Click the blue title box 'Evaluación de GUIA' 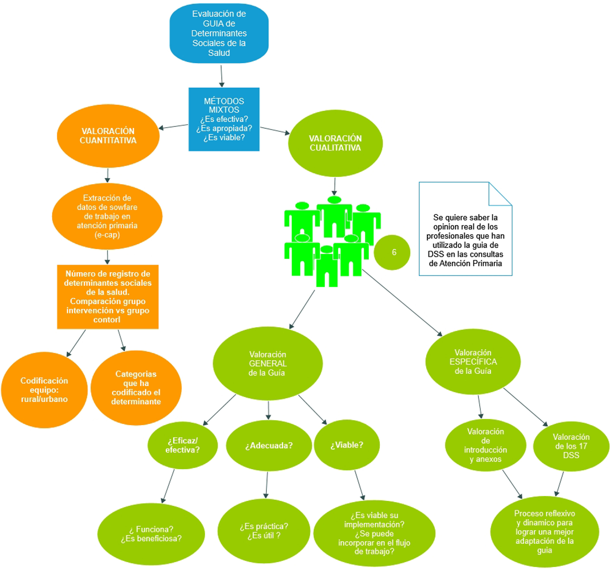tap(219, 33)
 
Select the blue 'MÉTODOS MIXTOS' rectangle tap(224, 119)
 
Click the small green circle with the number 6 tap(392, 252)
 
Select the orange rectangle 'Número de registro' tap(108, 297)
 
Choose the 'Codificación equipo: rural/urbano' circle tap(44, 390)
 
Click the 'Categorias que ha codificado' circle tap(136, 388)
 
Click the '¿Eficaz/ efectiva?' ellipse tap(183, 445)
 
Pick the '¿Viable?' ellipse tap(347, 445)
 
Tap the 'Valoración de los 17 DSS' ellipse tap(571, 446)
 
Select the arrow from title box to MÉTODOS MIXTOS tap(221, 76)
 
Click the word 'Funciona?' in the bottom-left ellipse tap(154, 529)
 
